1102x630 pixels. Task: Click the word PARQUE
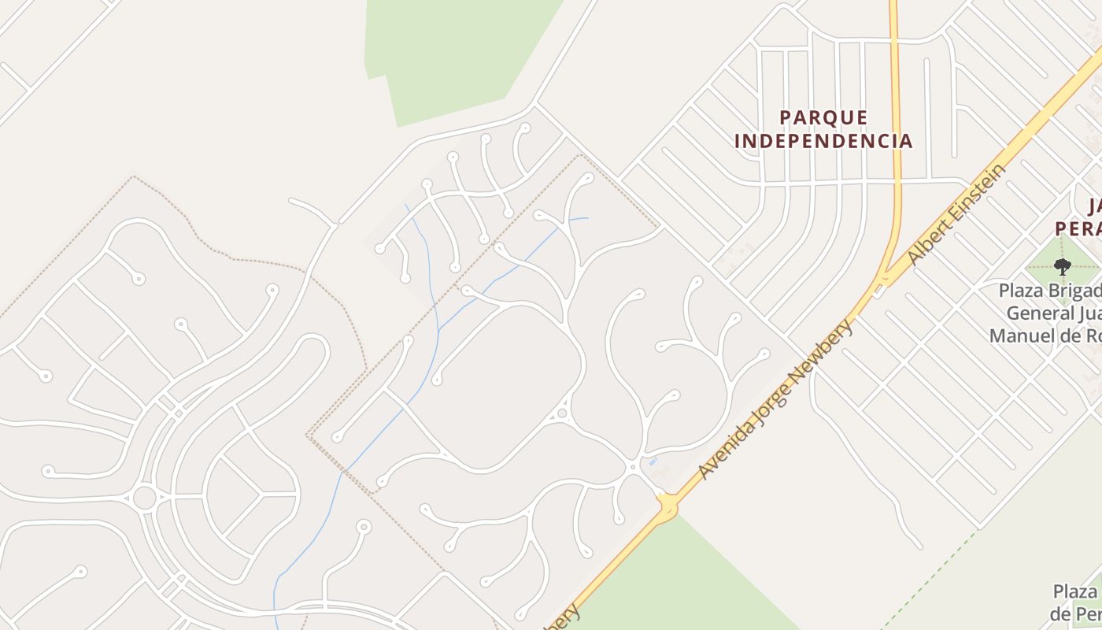point(823,118)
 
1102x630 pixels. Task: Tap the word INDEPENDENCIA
point(823,142)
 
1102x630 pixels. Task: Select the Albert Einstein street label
point(956,214)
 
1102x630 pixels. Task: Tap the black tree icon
point(1062,266)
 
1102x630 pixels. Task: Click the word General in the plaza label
point(1037,313)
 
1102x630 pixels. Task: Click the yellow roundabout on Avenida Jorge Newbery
point(667,506)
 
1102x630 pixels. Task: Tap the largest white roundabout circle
point(144,498)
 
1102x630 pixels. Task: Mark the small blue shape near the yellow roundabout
point(653,461)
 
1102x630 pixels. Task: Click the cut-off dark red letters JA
point(1094,207)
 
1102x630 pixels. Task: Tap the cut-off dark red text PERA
point(1078,228)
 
